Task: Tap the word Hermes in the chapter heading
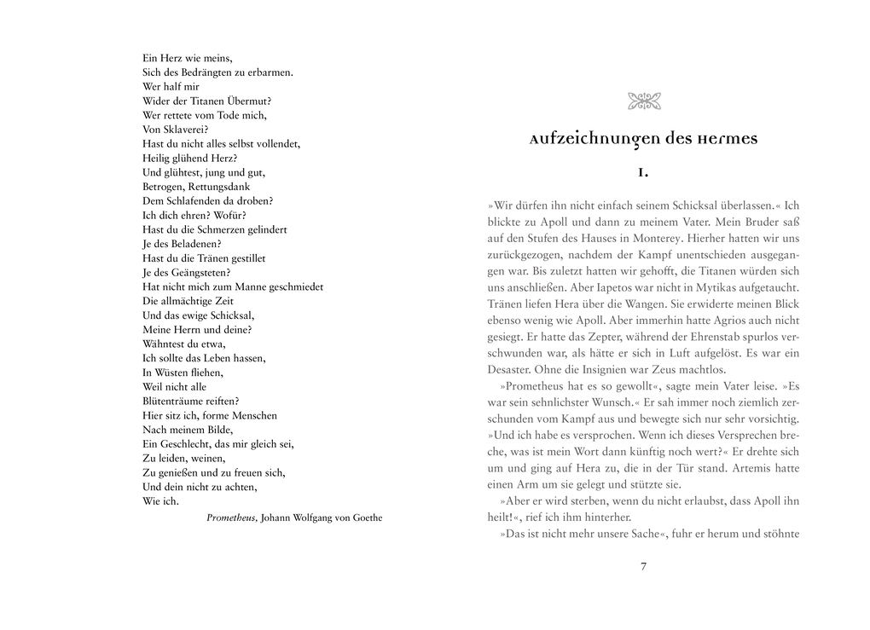726,138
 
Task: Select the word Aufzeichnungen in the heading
589,138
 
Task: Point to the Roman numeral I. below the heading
644,172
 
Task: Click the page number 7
644,566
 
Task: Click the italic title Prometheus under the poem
231,517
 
